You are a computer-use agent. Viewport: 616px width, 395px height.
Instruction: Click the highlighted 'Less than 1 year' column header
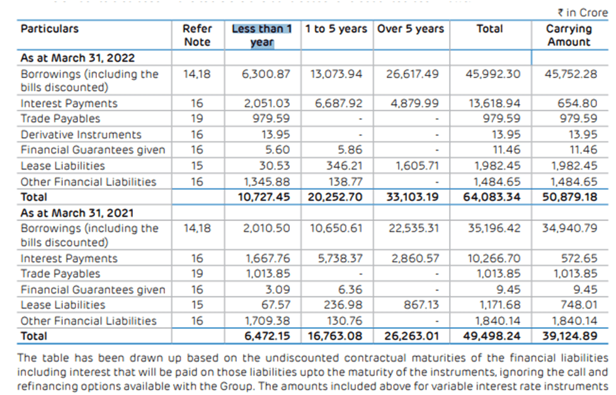[x=261, y=35]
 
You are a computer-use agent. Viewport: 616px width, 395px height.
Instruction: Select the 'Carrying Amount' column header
[x=569, y=35]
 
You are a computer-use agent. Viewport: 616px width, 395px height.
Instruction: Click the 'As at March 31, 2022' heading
[x=77, y=58]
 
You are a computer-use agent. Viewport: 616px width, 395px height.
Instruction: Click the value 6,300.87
[x=266, y=74]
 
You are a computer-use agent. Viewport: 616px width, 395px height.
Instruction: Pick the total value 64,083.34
[x=493, y=197]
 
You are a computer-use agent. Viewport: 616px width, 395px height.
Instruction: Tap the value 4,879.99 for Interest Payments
[x=415, y=103]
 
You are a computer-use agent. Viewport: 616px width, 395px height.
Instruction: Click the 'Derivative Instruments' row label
[x=81, y=134]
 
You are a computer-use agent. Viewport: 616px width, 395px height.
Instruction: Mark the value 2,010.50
[x=266, y=228]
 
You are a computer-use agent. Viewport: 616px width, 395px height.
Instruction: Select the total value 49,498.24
[x=493, y=336]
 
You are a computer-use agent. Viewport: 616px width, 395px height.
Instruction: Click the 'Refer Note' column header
[x=197, y=35]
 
